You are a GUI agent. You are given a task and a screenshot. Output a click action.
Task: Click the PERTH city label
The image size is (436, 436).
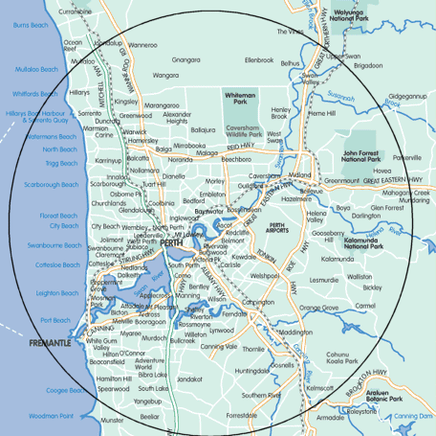(172, 243)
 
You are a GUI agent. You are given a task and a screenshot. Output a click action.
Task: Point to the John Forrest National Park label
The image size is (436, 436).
(362, 154)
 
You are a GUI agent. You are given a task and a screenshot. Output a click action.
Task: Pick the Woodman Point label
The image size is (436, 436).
(50, 416)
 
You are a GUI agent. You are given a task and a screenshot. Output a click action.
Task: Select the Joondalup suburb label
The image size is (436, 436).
(108, 43)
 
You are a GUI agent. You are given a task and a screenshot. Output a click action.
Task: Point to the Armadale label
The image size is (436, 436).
(331, 418)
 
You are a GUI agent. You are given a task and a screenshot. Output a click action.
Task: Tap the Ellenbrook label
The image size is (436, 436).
(259, 59)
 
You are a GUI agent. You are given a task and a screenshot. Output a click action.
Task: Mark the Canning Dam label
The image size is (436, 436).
(412, 416)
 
